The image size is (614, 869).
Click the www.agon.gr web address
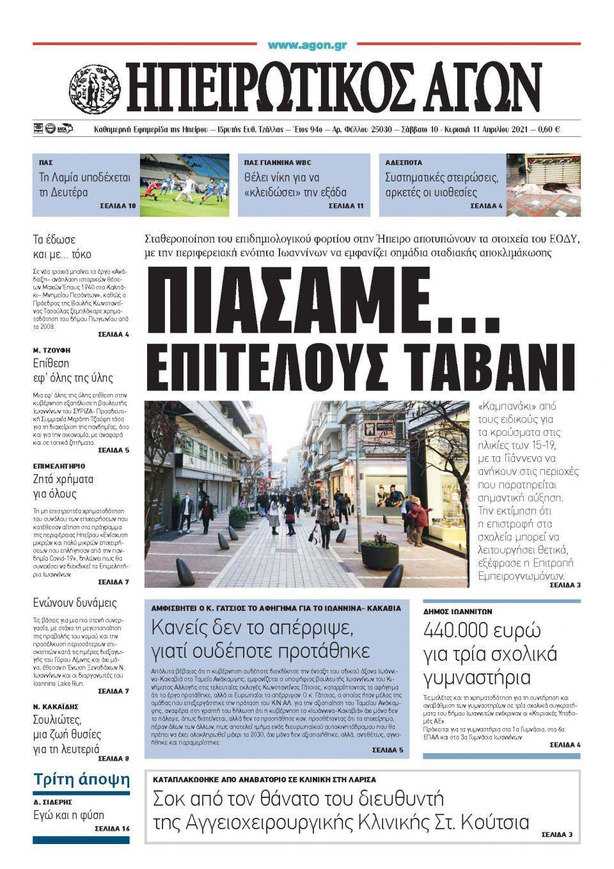click(x=307, y=45)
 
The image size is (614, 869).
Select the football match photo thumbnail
click(x=184, y=185)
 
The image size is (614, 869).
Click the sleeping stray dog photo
click(x=544, y=185)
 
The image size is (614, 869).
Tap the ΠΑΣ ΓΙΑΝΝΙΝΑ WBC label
click(x=278, y=163)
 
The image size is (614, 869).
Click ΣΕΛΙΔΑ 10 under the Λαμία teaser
click(x=118, y=206)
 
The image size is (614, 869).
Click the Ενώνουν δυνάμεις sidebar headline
click(x=75, y=602)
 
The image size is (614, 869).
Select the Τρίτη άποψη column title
click(x=81, y=779)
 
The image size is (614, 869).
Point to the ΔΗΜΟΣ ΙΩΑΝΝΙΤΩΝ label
click(x=457, y=611)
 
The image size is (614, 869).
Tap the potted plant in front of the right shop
click(x=380, y=551)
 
